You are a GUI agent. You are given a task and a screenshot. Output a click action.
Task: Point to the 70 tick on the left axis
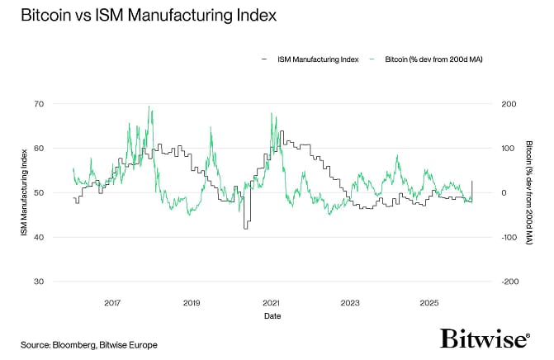tap(38, 104)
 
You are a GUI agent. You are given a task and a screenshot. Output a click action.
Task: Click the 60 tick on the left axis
tap(38, 149)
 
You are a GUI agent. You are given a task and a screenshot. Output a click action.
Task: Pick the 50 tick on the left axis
tap(38, 192)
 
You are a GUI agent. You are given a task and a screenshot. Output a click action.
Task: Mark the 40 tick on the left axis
tap(38, 237)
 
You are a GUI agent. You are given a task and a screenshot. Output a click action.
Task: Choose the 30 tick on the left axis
tap(38, 282)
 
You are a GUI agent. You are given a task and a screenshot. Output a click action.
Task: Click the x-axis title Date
tap(272, 316)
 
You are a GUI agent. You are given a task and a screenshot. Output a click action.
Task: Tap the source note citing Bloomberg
tap(88, 343)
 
